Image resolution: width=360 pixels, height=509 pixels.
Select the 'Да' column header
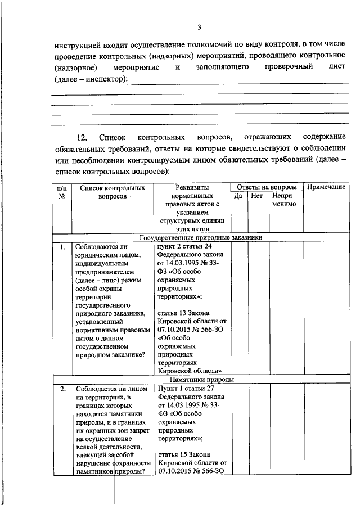click(238, 196)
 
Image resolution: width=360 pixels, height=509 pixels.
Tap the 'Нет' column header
click(257, 196)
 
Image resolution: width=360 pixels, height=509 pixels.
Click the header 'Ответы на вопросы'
click(267, 187)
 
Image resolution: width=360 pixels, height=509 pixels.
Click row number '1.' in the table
click(62, 247)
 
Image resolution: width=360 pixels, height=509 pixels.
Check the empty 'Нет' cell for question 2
click(257, 430)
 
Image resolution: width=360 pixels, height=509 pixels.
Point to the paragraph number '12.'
click(82, 137)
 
